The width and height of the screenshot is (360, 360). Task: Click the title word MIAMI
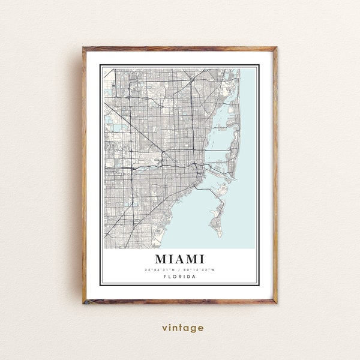click(179, 259)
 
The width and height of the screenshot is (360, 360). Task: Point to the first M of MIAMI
click(162, 259)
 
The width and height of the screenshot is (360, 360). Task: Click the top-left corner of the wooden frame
click(84, 48)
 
